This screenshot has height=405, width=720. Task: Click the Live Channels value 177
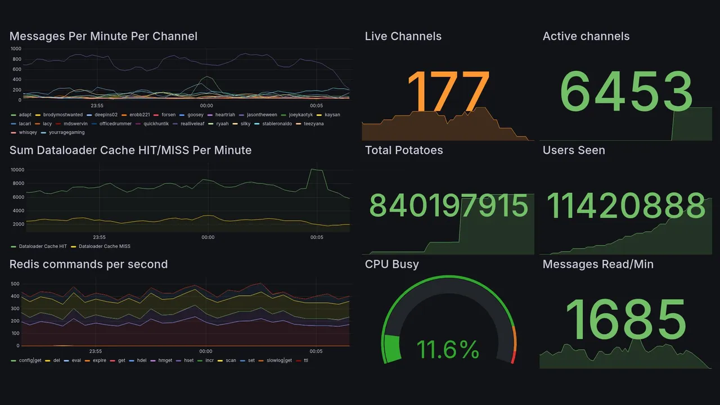pyautogui.click(x=448, y=93)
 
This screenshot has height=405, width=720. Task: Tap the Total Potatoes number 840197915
pyautogui.click(x=448, y=206)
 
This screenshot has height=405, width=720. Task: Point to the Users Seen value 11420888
pyautogui.click(x=626, y=206)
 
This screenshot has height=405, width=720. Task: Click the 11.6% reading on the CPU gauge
pyautogui.click(x=448, y=350)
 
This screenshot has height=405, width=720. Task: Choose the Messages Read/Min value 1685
pyautogui.click(x=626, y=319)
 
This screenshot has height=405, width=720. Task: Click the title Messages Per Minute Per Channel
pyautogui.click(x=103, y=37)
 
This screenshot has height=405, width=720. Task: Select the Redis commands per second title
pyautogui.click(x=88, y=264)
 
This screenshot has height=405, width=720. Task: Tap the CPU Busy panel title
pyautogui.click(x=391, y=264)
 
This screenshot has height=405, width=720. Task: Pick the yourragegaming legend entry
pyautogui.click(x=66, y=133)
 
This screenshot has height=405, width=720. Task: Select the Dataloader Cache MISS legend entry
pyautogui.click(x=104, y=246)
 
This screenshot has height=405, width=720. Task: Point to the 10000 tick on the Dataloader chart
pyautogui.click(x=17, y=170)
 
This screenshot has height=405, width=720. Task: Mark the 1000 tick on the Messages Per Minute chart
pyautogui.click(x=16, y=49)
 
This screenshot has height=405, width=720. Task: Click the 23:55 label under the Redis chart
pyautogui.click(x=96, y=351)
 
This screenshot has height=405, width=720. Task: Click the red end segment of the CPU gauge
pyautogui.click(x=512, y=357)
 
